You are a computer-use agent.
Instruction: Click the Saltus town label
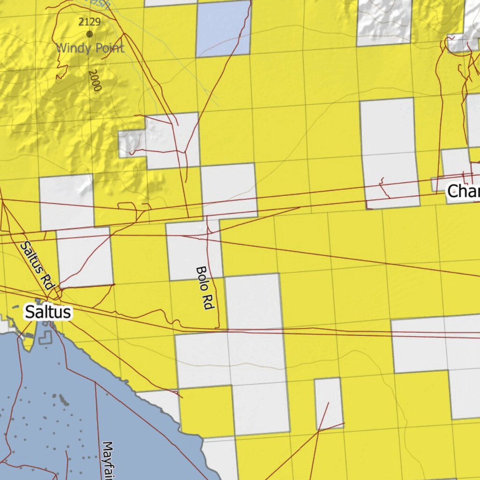(48, 312)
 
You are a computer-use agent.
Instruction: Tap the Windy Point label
(90, 48)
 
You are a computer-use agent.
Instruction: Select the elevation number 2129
(90, 22)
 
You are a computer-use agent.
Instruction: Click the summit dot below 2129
(90, 34)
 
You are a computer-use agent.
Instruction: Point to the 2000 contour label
(95, 80)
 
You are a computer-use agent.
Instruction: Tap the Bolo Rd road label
(204, 288)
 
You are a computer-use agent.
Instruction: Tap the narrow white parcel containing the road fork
(328, 403)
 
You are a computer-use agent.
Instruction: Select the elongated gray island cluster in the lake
(61, 399)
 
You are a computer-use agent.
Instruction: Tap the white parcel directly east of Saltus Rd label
(84, 257)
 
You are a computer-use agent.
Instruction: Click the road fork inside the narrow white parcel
(319, 429)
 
